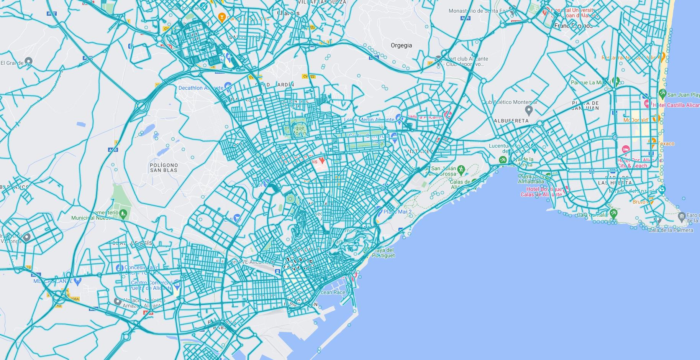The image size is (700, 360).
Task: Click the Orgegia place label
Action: pos(401,45)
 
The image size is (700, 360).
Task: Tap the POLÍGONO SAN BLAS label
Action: pos(164,167)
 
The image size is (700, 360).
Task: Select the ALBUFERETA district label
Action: pos(511,120)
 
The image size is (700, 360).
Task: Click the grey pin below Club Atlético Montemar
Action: pos(529,110)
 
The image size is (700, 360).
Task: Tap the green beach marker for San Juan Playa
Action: pos(662,93)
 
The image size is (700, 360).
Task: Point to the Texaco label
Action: pos(667,144)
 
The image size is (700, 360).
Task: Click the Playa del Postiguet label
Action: pos(383,253)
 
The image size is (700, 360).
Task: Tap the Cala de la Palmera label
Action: pos(670,230)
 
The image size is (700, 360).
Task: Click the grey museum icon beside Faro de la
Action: pos(682,217)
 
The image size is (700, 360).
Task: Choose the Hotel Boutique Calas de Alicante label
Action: pos(541,192)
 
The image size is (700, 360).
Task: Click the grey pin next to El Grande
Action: pos(28,61)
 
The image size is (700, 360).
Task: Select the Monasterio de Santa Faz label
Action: pos(479,11)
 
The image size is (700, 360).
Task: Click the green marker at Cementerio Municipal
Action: pos(123,213)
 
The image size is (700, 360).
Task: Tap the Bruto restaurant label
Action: pos(639,202)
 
